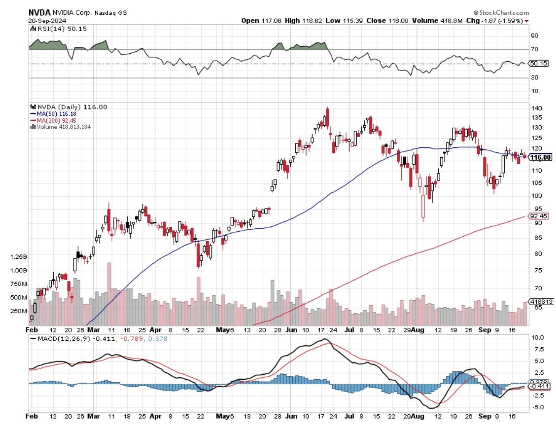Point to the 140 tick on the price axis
coord(536,108)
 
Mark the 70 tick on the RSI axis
coord(534,49)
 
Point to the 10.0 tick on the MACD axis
coord(537,338)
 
